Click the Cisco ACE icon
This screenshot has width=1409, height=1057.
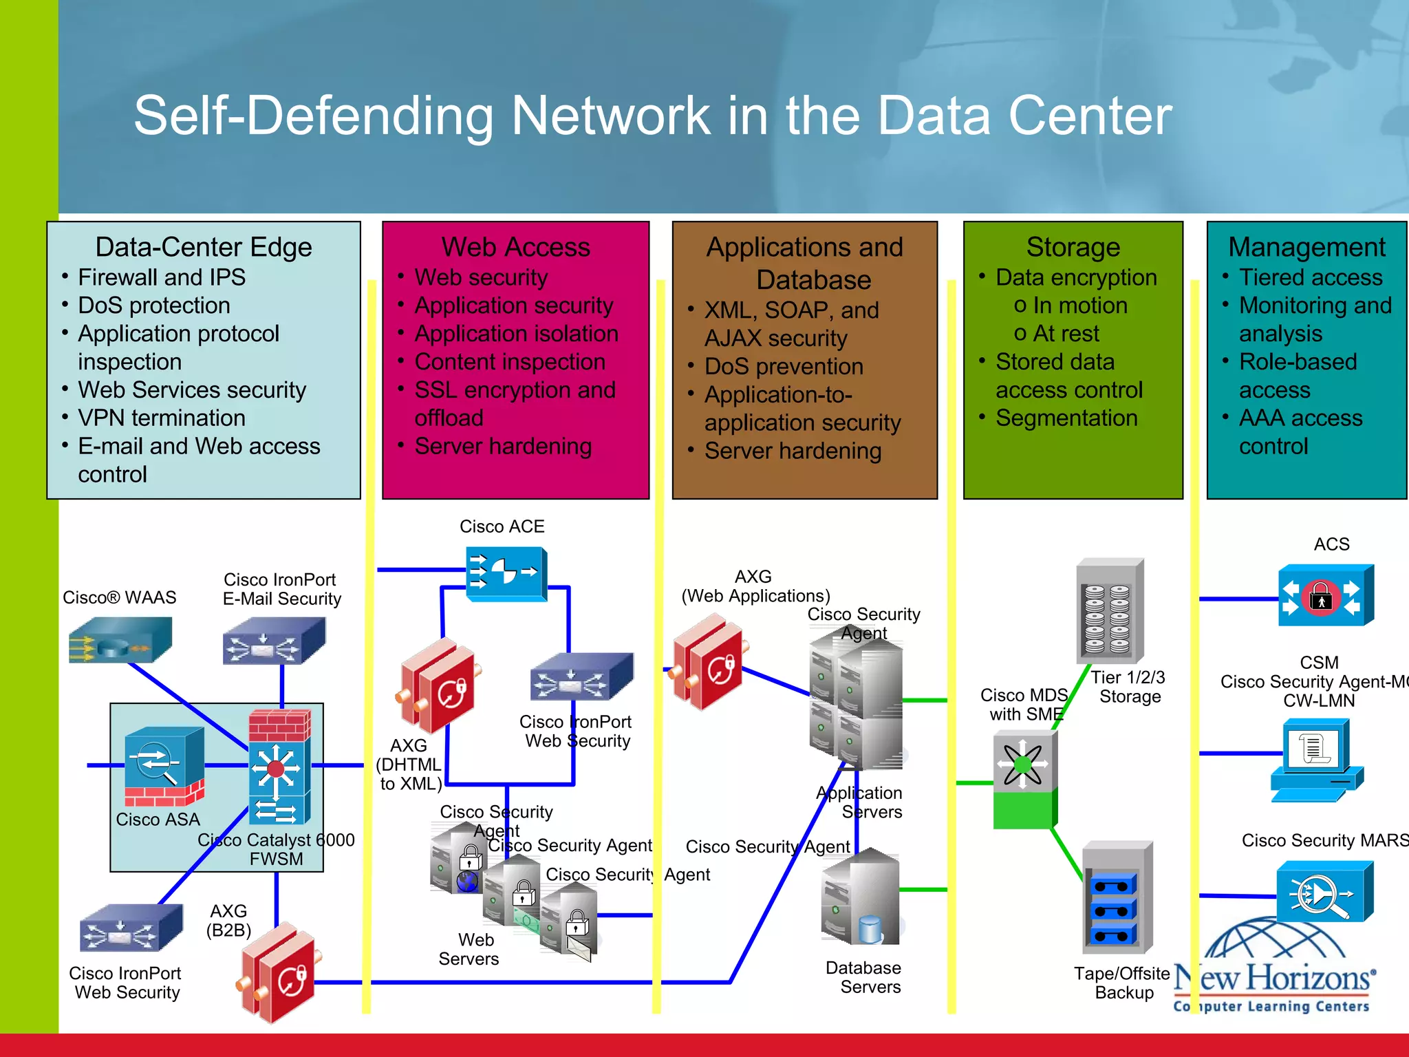(506, 573)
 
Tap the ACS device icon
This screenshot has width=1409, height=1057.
(1325, 595)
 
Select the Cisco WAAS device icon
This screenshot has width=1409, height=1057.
(120, 641)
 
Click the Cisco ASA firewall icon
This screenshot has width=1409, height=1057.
(164, 766)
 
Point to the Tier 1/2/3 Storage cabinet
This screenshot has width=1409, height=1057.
(1109, 611)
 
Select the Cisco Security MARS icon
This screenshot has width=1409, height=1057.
(1324, 893)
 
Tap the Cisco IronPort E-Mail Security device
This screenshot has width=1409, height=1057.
(273, 641)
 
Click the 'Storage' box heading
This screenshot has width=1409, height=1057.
(1073, 247)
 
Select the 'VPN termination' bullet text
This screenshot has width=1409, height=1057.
(161, 418)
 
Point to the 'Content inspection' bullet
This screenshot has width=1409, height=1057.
(509, 362)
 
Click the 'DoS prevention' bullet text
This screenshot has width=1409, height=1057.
(783, 366)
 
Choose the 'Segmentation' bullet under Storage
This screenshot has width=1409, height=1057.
(1066, 418)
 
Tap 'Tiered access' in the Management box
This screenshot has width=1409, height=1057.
(1310, 277)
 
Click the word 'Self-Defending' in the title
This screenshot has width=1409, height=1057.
(314, 116)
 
